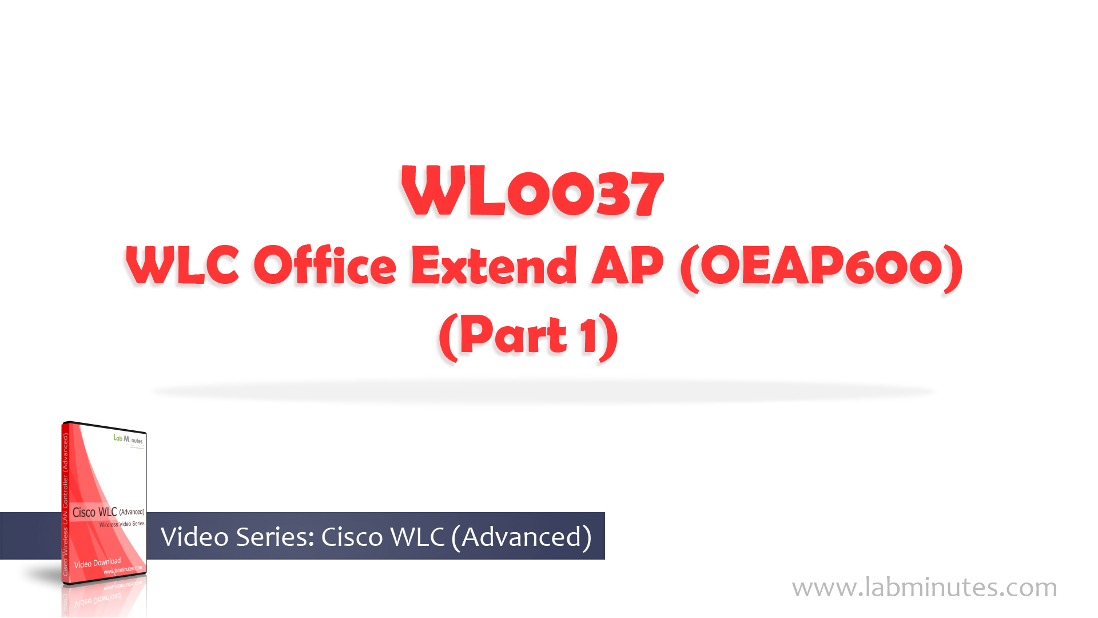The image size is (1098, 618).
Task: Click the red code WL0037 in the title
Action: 532,192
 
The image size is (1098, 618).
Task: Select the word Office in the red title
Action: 325,266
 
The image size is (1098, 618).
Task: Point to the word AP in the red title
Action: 627,266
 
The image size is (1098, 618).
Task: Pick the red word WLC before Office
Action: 182,266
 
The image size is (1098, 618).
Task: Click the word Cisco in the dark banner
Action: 352,537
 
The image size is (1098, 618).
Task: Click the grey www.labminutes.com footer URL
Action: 924,588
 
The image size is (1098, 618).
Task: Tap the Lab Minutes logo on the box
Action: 128,439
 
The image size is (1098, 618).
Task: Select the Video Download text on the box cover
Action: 97,563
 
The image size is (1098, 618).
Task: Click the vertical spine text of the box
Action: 66,504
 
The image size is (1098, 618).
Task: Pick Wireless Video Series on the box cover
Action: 122,524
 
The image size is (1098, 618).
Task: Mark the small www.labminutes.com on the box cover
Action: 122,570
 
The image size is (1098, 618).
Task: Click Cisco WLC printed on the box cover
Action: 95,512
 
